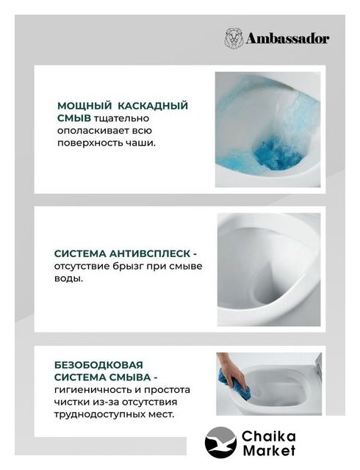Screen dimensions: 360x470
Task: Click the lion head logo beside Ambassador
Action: [x=234, y=37]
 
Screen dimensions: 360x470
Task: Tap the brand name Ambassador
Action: [x=287, y=39]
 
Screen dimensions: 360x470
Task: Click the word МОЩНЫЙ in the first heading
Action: [x=83, y=106]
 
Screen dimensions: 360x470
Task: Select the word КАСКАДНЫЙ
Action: [x=153, y=106]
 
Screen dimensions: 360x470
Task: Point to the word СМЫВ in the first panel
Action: [x=74, y=118]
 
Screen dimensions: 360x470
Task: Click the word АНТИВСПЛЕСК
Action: [x=149, y=253]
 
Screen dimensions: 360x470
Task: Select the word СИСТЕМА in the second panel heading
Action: [x=80, y=253]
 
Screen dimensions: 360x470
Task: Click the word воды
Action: [x=67, y=278]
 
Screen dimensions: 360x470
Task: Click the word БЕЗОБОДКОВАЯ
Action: [x=98, y=365]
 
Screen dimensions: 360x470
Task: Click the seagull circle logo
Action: [x=220, y=441]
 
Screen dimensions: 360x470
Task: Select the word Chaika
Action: [x=269, y=436]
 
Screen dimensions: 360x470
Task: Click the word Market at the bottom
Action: [x=269, y=450]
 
